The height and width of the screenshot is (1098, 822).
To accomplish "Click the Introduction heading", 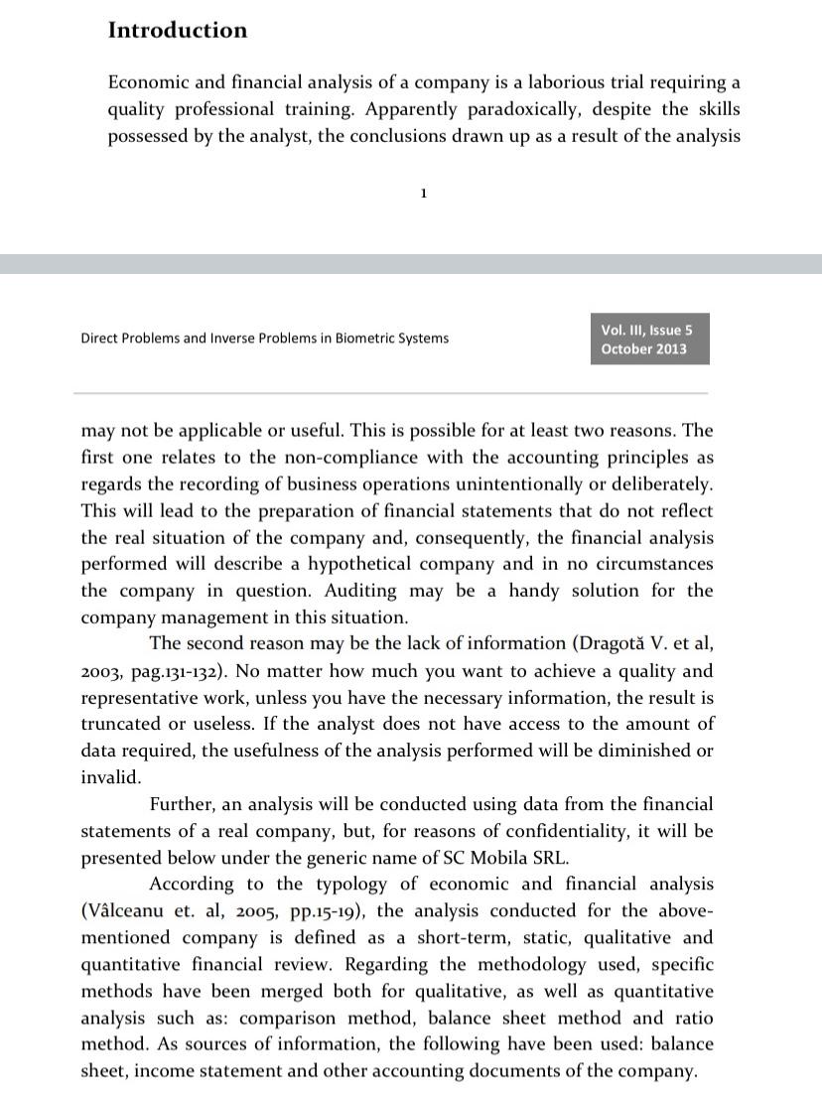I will (x=178, y=30).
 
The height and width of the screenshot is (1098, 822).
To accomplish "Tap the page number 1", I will (x=424, y=193).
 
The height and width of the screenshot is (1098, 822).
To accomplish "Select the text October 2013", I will (x=643, y=349).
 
